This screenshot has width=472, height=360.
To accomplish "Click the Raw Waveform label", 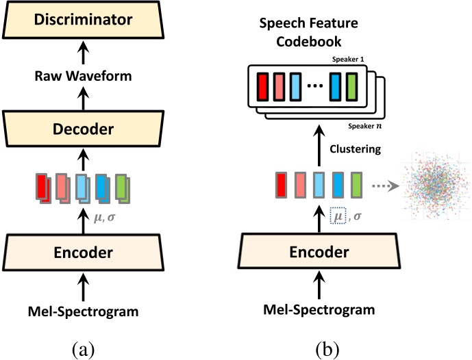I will [x=82, y=76].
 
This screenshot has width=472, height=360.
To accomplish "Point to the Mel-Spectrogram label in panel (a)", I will [x=82, y=311].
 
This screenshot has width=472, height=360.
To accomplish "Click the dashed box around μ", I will [x=336, y=216].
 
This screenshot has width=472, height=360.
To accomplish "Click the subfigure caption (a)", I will [x=82, y=349].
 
